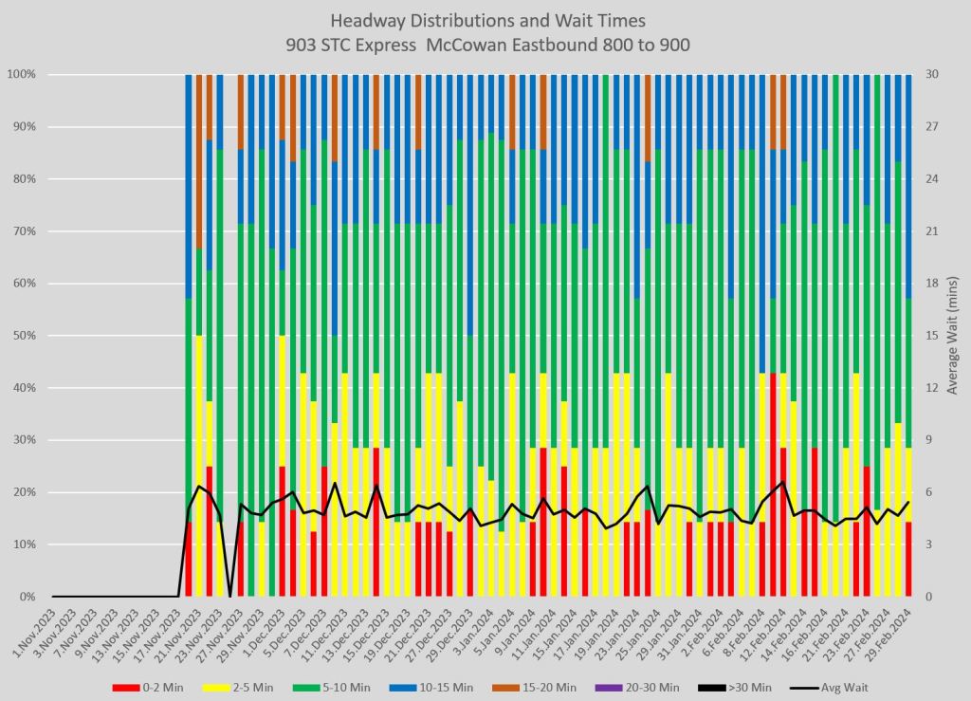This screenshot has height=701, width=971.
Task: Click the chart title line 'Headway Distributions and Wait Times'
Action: pyautogui.click(x=485, y=20)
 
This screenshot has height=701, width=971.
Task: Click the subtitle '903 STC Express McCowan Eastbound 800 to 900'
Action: pyautogui.click(x=485, y=43)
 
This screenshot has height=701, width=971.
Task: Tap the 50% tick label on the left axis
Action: pyautogui.click(x=25, y=336)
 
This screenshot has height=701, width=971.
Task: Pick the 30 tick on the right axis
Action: pyautogui.click(x=932, y=74)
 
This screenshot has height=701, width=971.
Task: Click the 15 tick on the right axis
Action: pyautogui.click(x=932, y=336)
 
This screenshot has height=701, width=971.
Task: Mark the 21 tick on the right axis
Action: pyautogui.click(x=932, y=231)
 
